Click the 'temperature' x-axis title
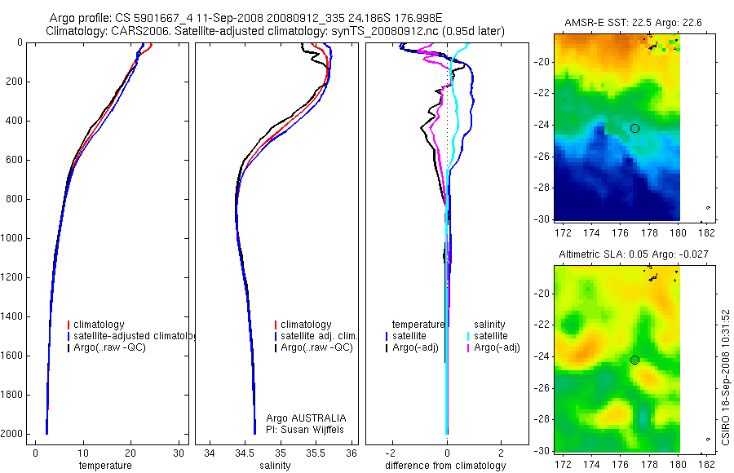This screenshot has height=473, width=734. coord(104,466)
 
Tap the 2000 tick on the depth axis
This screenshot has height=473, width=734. coord(13,435)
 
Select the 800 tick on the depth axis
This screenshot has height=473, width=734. coord(15,200)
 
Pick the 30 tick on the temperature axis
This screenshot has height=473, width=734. coord(179,453)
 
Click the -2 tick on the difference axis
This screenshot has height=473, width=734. coord(392,453)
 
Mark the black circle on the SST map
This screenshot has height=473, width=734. coord(635,128)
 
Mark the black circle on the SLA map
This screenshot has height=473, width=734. coord(635,360)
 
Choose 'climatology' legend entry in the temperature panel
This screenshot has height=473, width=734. coord(99,325)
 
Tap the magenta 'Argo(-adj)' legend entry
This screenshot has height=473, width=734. coord(497,347)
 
